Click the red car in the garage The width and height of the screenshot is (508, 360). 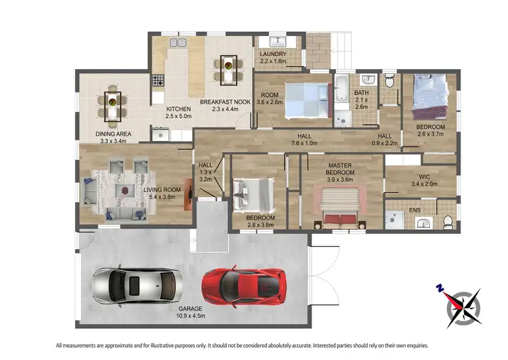245,285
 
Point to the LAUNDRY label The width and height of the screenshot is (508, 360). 273,58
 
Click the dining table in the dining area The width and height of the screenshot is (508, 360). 112,105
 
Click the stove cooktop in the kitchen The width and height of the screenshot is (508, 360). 158,81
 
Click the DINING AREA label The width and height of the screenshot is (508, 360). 112,138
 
